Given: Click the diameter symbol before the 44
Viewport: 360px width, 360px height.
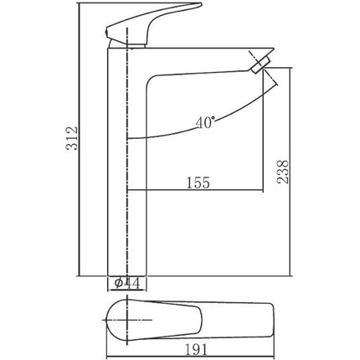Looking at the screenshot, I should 116,284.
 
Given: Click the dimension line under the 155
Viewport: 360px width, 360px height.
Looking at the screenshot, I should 197,193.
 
